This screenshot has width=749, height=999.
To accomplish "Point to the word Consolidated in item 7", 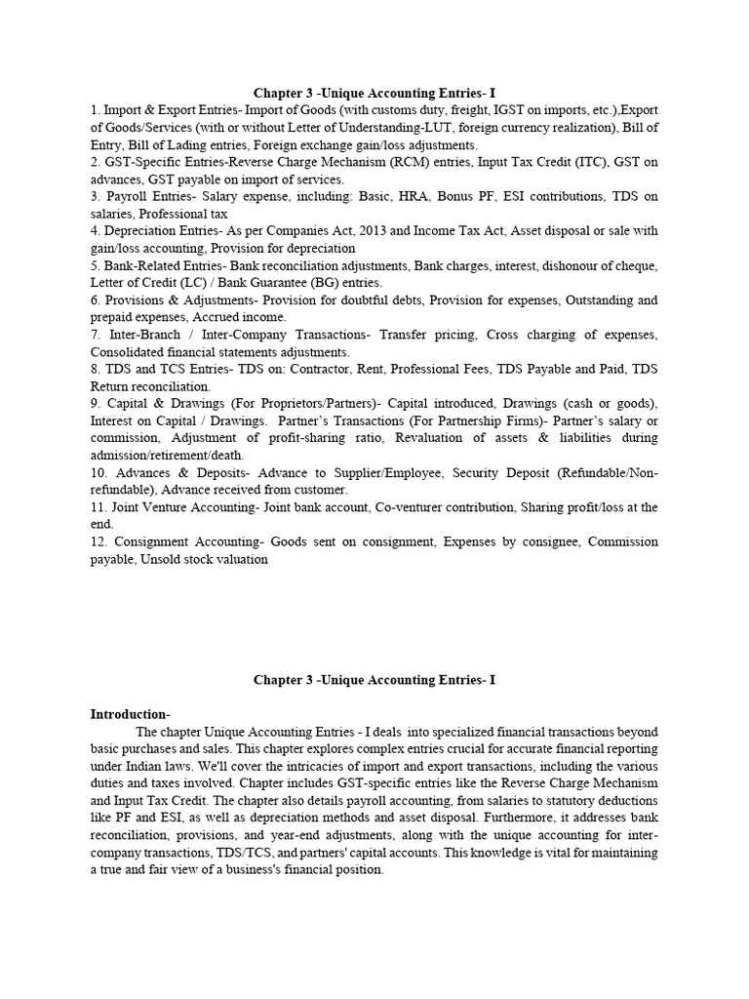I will pos(130,350).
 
